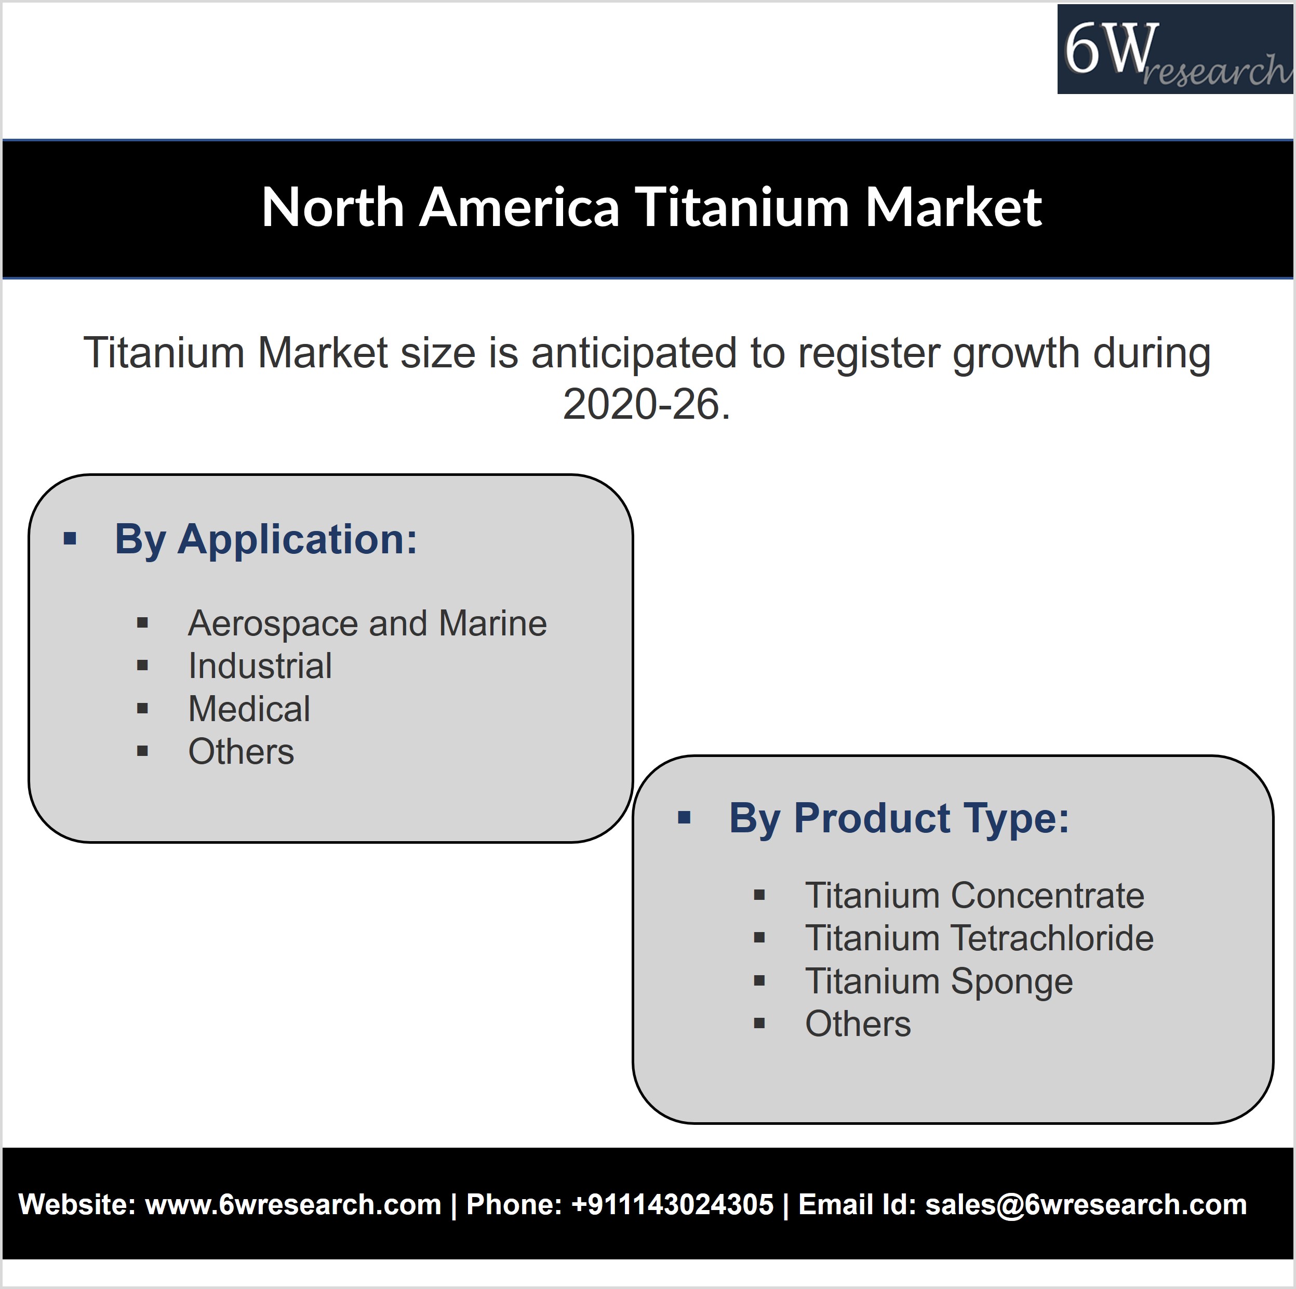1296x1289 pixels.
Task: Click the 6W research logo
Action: pos(1175,49)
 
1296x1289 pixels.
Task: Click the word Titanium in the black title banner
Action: pos(741,207)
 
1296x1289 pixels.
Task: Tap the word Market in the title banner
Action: pos(953,207)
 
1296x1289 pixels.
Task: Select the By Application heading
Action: pos(265,539)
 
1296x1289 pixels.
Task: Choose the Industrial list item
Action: pos(260,666)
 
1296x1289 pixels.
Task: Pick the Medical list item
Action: pos(249,709)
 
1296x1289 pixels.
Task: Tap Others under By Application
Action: pos(242,751)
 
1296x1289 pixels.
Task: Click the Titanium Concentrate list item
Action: pos(974,895)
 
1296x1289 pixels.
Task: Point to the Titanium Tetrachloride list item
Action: pos(979,938)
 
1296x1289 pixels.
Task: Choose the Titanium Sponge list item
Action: pos(939,981)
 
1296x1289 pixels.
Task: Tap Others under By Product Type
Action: pos(858,1024)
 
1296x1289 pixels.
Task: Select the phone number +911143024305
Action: pos(672,1204)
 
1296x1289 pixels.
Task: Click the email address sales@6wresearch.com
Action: pos(1086,1204)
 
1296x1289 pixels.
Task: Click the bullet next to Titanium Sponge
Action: pos(759,981)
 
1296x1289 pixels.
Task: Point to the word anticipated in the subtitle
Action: pos(634,354)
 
